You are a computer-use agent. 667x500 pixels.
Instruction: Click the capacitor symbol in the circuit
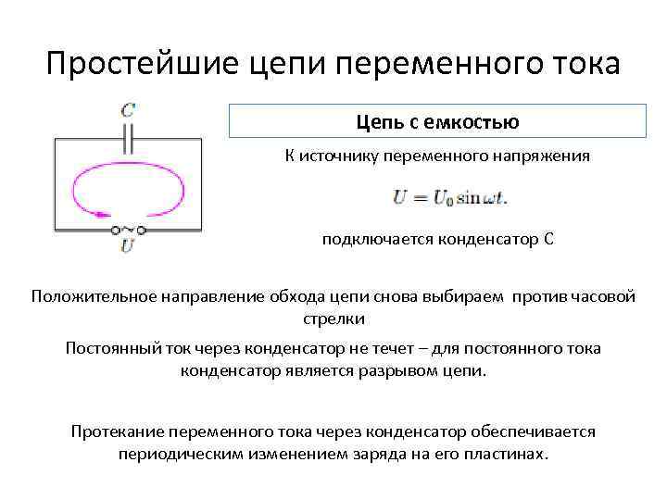pyautogui.click(x=129, y=139)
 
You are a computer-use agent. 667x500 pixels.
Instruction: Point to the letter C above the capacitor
pyautogui.click(x=128, y=108)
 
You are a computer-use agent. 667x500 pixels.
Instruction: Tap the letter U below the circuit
pyautogui.click(x=128, y=246)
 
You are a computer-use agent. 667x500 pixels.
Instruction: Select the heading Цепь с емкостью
pyautogui.click(x=437, y=121)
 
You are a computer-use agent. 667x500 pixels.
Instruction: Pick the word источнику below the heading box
pyautogui.click(x=342, y=156)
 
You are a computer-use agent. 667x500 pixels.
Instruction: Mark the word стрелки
pyautogui.click(x=334, y=319)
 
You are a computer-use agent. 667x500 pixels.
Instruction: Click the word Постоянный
pyautogui.click(x=110, y=348)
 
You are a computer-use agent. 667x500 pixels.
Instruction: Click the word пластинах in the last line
pyautogui.click(x=510, y=454)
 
